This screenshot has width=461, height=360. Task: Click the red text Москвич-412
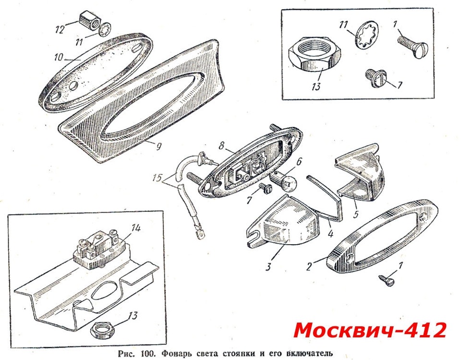tap(370, 330)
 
